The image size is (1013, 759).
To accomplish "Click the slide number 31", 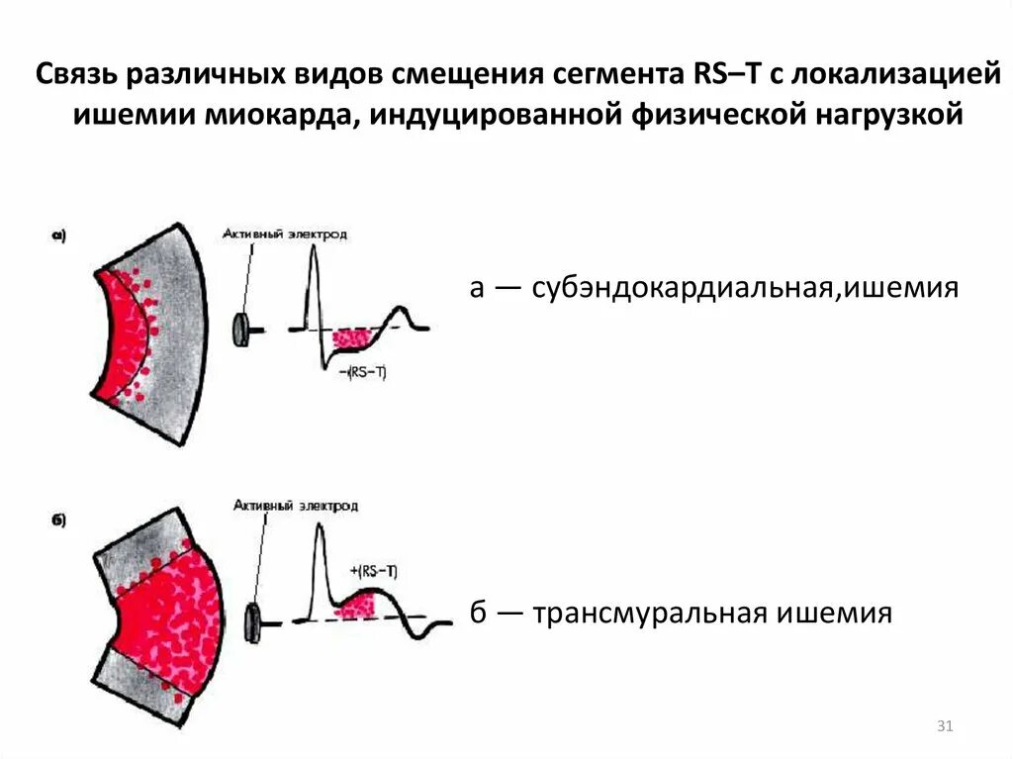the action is (x=944, y=727).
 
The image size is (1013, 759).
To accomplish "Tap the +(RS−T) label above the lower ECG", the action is (x=374, y=571).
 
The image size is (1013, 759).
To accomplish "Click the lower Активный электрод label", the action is (x=296, y=506).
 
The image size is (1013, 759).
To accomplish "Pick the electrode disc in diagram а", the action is (x=240, y=330).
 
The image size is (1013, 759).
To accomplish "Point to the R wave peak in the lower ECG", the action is (x=320, y=524).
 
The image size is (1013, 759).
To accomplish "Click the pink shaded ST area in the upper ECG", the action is (x=352, y=337).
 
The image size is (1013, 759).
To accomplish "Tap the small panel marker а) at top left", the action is (x=57, y=236).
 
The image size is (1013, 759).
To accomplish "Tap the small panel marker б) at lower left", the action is (x=57, y=522).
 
